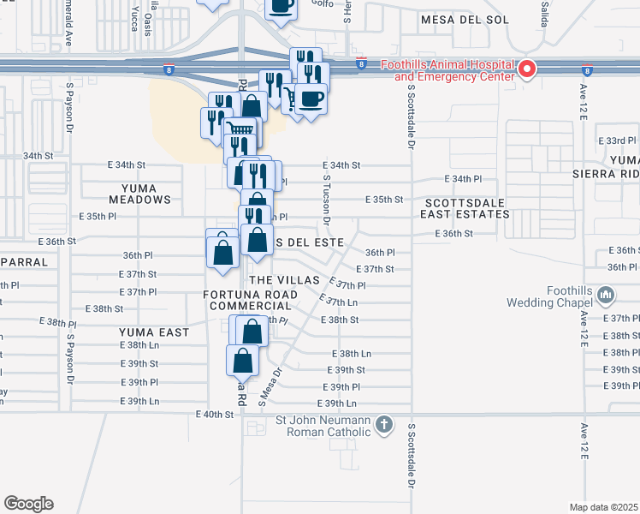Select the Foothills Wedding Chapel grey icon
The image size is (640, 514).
pos(607,296)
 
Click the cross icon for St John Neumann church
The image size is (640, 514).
pos(385,423)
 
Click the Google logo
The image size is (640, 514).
pos(28,504)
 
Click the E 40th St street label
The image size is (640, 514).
pos(215,415)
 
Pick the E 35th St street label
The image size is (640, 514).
pos(383,199)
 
